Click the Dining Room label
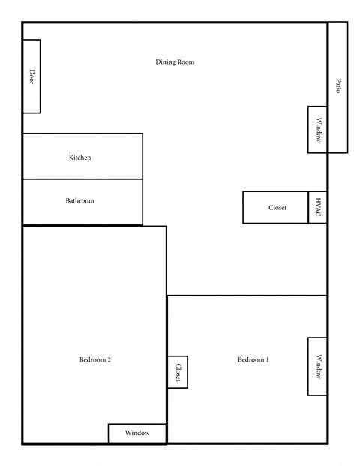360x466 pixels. [x=175, y=62]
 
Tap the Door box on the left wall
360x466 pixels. [x=31, y=76]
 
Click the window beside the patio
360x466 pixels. [x=318, y=129]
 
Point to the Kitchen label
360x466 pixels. [x=80, y=158]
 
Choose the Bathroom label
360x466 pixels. [x=80, y=201]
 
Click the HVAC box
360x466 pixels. [x=318, y=207]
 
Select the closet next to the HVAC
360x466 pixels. [x=276, y=207]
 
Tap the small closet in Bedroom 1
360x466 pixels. [x=178, y=371]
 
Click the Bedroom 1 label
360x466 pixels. [x=253, y=360]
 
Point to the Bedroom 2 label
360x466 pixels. [x=95, y=360]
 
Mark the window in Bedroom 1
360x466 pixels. [x=318, y=366]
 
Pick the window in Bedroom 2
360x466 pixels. [x=137, y=434]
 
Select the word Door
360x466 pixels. [x=31, y=76]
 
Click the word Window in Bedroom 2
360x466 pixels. [x=137, y=434]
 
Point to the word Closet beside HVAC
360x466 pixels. [x=277, y=208]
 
